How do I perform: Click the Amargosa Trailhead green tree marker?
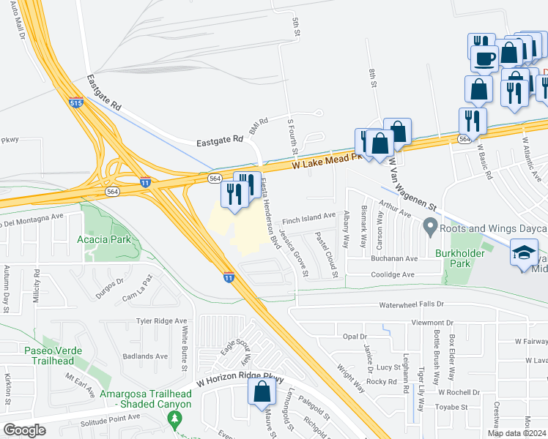click(174, 419)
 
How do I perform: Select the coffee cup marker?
click(483, 57)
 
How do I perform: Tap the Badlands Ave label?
click(147, 356)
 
